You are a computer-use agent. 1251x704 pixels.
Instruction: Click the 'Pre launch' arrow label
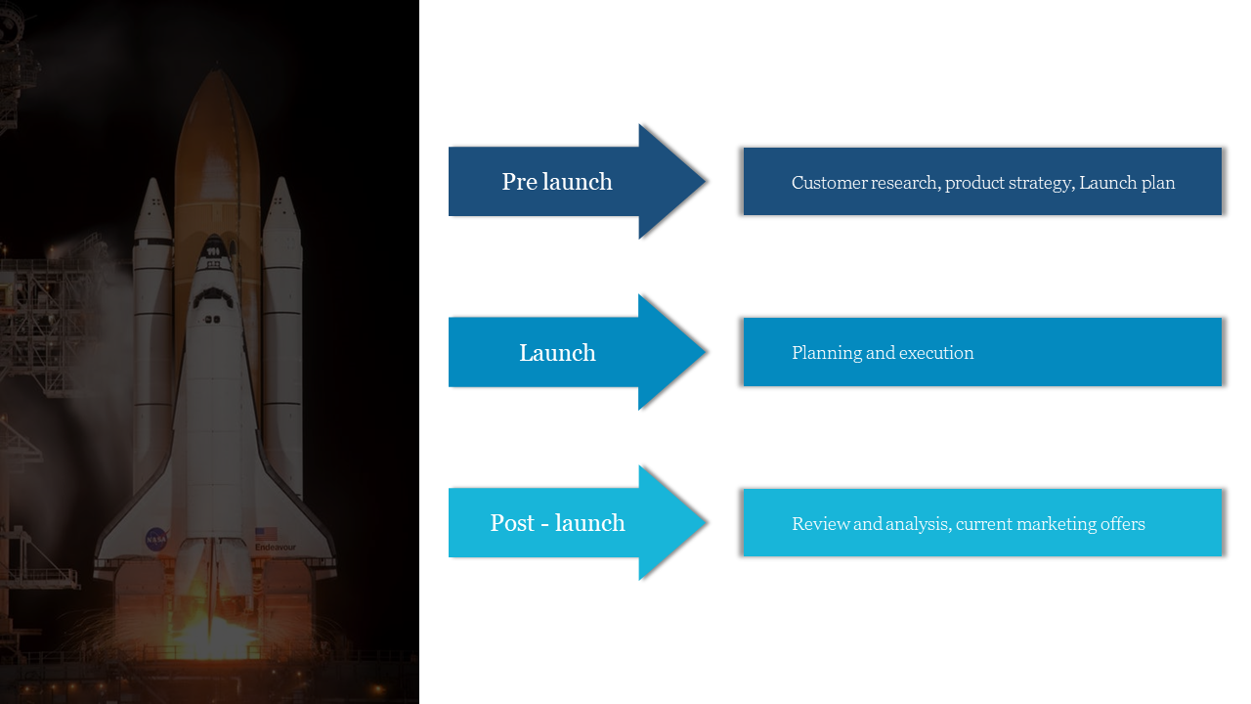(x=557, y=182)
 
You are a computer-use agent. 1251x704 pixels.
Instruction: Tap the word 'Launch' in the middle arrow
(x=557, y=353)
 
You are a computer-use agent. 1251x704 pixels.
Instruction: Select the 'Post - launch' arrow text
(x=557, y=523)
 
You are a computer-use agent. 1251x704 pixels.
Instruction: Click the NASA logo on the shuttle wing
(x=156, y=538)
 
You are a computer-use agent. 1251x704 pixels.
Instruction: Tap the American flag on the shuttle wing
(x=266, y=534)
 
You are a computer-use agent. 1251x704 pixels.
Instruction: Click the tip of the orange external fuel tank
(x=217, y=73)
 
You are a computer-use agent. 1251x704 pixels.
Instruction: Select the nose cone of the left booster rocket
(x=152, y=188)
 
